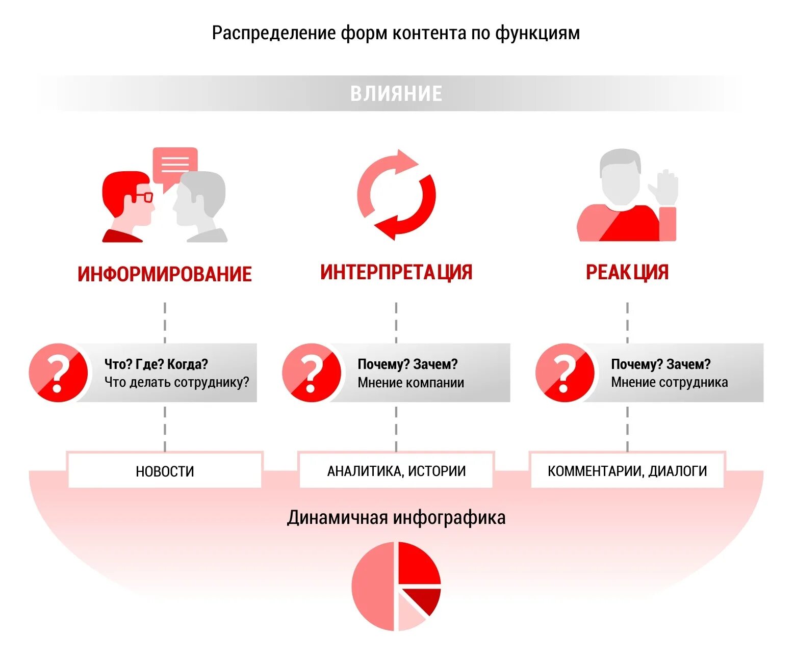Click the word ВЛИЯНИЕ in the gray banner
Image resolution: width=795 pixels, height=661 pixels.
[x=396, y=94]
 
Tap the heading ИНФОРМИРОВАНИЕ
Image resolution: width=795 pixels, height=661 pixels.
[x=165, y=274]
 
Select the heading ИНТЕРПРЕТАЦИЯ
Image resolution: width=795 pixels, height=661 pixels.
[x=396, y=272]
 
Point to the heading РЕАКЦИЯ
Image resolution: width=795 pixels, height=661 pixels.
[x=627, y=272]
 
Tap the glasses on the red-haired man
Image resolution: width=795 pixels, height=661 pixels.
[x=143, y=197]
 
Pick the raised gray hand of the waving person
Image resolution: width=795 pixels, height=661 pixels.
[x=664, y=188]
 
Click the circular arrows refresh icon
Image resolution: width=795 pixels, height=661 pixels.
[x=396, y=195]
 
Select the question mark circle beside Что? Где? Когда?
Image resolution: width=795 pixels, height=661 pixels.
[x=58, y=373]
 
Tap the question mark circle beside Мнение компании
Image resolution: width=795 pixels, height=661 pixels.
[x=311, y=373]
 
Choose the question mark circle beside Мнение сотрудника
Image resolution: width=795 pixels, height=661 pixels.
[x=565, y=373]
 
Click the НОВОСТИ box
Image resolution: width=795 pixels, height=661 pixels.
[x=165, y=471]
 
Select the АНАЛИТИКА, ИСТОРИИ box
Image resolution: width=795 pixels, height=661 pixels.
[x=396, y=471]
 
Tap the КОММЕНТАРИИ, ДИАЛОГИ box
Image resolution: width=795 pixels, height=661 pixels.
[x=627, y=471]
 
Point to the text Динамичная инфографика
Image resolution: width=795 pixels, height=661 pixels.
[x=396, y=518]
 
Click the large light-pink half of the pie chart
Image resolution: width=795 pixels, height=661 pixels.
[x=372, y=586]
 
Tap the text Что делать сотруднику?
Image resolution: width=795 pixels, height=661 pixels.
[x=176, y=382]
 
